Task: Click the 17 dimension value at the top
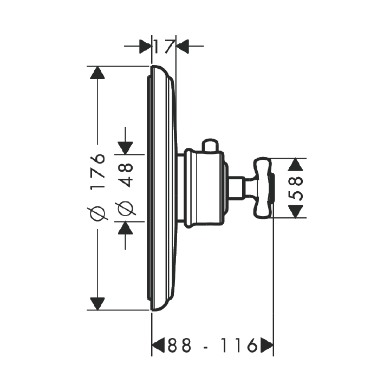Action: click(x=164, y=46)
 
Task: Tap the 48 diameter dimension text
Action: click(x=125, y=175)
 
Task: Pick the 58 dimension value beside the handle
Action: click(x=295, y=188)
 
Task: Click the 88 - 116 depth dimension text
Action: click(x=212, y=345)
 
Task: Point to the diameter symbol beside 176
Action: click(x=97, y=213)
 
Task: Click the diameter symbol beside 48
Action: click(x=125, y=208)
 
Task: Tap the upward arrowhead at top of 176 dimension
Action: click(x=97, y=73)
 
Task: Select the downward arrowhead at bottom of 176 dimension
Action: click(x=97, y=304)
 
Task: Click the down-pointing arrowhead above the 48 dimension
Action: click(x=125, y=148)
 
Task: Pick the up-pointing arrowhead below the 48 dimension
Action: click(x=125, y=228)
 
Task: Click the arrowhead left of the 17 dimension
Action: click(x=145, y=46)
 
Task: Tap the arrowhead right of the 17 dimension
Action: click(x=183, y=46)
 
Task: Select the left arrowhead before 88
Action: click(x=158, y=345)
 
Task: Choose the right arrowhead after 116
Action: click(x=267, y=345)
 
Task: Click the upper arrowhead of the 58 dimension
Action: click(x=295, y=165)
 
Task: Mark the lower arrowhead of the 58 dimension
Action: click(x=295, y=212)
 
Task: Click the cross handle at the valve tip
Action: click(x=264, y=188)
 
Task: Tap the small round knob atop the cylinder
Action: click(x=210, y=145)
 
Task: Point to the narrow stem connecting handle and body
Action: click(x=236, y=188)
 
